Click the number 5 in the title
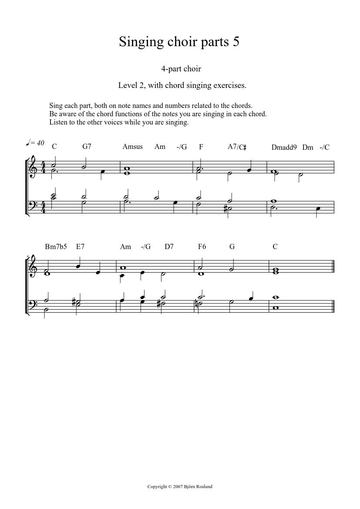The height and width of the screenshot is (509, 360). (x=236, y=42)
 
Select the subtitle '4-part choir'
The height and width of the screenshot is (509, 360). (x=181, y=69)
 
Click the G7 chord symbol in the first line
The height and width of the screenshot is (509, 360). (x=87, y=147)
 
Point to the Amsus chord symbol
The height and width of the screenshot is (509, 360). (x=132, y=147)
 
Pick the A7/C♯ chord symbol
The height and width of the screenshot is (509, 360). (x=237, y=147)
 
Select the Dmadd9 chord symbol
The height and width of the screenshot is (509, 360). (x=284, y=147)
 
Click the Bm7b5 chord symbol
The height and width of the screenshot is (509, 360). (x=56, y=246)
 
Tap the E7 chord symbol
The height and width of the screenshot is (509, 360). (x=80, y=246)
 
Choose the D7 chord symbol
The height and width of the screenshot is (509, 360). (x=169, y=246)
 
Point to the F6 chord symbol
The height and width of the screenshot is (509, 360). (x=202, y=246)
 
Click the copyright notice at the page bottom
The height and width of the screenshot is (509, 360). (x=180, y=486)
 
